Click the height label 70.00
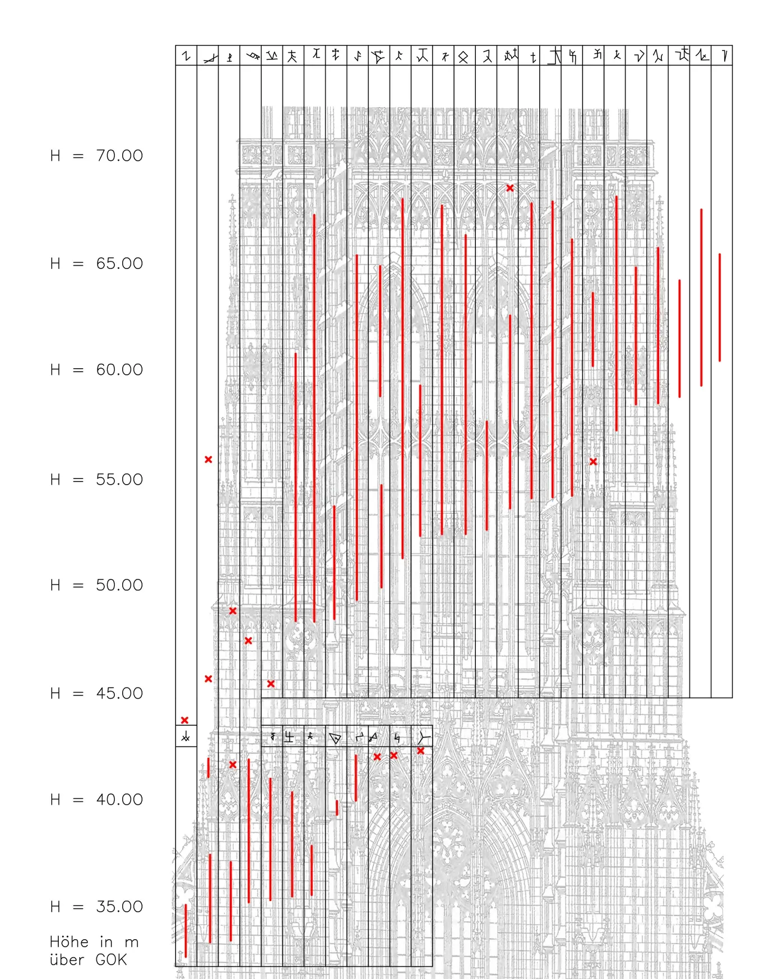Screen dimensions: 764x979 [x=119, y=155]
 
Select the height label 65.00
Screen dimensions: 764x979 [x=119, y=263]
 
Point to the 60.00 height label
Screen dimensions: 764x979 [x=119, y=370]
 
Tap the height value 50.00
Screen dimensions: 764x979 [x=119, y=585]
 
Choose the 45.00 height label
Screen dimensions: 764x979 [x=119, y=693]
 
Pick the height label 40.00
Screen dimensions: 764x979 [x=119, y=800]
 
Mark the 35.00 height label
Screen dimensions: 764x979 [x=119, y=907]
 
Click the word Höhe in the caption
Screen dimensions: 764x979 [x=69, y=942]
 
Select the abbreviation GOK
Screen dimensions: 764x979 [x=111, y=960]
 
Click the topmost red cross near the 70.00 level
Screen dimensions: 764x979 [x=510, y=188]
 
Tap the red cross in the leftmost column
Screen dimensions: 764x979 [x=185, y=720]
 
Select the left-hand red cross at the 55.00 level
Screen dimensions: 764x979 [x=209, y=460]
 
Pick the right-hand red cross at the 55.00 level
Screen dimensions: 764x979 [x=593, y=462]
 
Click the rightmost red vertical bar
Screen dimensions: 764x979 [x=720, y=308]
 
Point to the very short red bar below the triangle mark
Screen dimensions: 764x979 [x=337, y=808]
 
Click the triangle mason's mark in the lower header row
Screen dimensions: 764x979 [x=335, y=738]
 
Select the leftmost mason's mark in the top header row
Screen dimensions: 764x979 [x=187, y=56]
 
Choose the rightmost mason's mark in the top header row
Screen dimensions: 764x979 [x=724, y=55]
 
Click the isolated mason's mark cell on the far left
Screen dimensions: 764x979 [x=186, y=737]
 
